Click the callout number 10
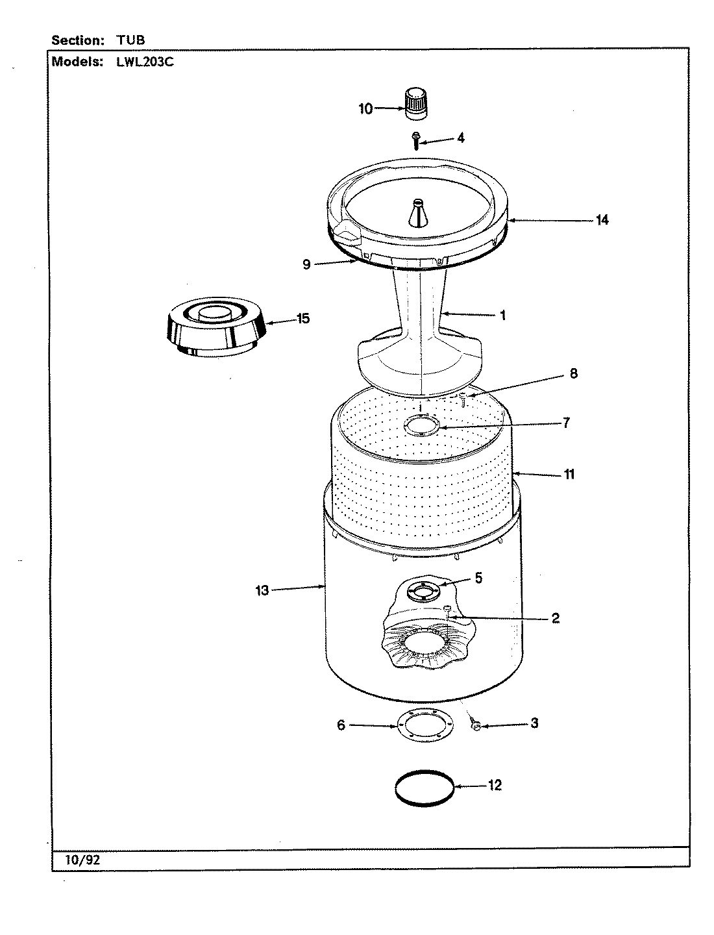pos(366,108)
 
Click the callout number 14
pos(602,220)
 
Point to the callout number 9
pos(306,264)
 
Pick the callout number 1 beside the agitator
pos(502,316)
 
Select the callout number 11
pos(569,474)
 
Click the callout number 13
pos(262,591)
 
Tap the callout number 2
pos(556,617)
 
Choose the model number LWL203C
pos(145,62)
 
